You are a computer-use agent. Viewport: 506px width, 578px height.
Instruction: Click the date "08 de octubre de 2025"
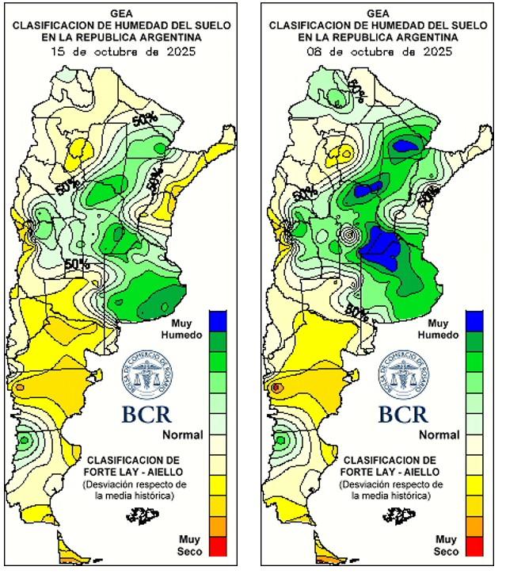[379, 52]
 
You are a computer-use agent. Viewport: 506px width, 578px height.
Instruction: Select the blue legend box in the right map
[474, 320]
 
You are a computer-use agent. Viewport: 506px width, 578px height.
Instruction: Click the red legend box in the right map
[474, 545]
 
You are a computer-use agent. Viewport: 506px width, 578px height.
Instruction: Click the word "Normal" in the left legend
[183, 434]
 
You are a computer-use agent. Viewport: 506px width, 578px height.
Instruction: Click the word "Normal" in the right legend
[439, 434]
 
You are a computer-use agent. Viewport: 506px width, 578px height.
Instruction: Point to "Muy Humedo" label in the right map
[438, 329]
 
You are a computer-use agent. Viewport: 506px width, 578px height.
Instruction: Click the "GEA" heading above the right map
[379, 13]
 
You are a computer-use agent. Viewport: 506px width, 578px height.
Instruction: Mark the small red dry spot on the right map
[277, 388]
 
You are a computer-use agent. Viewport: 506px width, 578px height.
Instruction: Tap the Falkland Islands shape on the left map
[143, 516]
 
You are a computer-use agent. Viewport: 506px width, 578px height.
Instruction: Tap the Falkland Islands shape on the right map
[399, 516]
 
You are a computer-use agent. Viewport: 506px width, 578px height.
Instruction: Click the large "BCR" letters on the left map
[146, 414]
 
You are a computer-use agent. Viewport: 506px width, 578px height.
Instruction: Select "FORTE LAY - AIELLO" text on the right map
[390, 472]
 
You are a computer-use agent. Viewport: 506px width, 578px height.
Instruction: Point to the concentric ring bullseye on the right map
[350, 235]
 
